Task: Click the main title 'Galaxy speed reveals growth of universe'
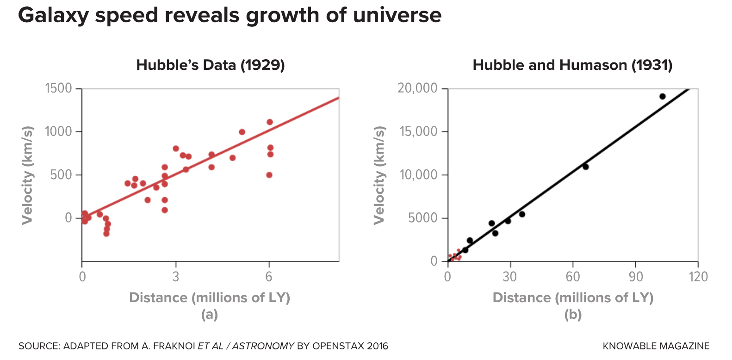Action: pos(230,16)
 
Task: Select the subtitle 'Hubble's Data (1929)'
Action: pos(211,65)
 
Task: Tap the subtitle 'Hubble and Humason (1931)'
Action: pos(572,65)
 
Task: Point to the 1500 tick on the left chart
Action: pos(58,88)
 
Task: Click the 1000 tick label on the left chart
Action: pos(58,131)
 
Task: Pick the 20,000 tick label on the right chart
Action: pos(417,88)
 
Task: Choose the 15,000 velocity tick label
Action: pos(417,131)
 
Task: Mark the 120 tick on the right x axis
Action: pos(698,277)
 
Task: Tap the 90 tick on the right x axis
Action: pos(636,277)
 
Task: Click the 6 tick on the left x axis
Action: pos(269,277)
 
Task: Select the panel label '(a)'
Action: pos(209,315)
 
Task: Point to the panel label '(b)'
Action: pos(573,315)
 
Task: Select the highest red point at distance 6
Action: pos(270,122)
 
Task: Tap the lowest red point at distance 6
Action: pos(269,175)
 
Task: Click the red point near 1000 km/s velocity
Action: pos(242,132)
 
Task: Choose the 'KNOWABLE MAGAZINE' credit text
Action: pos(656,346)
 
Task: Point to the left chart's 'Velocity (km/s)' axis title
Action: pos(28,175)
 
